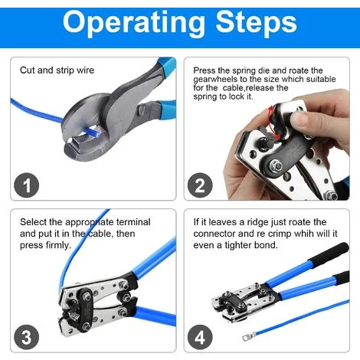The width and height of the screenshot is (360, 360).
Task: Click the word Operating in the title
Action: coord(134,24)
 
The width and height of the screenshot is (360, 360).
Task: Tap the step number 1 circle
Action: coord(26,185)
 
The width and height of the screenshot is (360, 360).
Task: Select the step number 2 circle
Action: coord(200,185)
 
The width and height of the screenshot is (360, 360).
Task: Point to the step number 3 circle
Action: coord(26,337)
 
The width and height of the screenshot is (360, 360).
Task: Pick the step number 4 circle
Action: coord(200,337)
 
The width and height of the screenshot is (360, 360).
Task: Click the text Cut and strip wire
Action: coord(57,70)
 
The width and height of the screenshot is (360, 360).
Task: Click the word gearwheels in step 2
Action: coord(215,80)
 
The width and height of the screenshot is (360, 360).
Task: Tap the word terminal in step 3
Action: coord(133,222)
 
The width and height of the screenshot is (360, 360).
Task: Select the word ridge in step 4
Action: coord(258,222)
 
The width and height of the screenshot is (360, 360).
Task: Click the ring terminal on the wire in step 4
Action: coord(249,337)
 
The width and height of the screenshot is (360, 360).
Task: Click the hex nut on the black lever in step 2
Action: coord(275,165)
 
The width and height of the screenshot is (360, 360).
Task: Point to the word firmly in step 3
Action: coord(57,245)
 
